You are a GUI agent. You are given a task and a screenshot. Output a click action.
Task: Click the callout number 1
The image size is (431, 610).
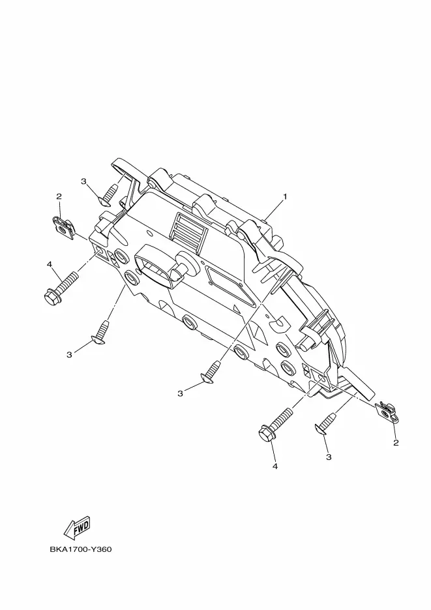coord(285,196)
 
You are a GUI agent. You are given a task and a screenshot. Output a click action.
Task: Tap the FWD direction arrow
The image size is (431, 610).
coord(77,527)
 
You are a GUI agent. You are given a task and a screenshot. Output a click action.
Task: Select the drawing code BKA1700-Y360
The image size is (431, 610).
coord(81,549)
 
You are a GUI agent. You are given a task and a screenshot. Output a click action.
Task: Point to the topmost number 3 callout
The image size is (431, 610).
coord(83,181)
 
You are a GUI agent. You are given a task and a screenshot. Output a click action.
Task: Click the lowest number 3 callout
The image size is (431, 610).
coord(329,457)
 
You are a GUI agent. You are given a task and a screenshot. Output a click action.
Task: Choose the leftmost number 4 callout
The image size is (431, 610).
coord(50,264)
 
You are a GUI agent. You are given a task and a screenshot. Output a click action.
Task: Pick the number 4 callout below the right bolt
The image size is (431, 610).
coord(275,466)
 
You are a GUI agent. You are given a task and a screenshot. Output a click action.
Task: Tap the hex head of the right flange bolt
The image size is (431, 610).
coord(266,435)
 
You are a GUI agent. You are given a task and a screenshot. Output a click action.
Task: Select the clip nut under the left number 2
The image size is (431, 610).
coord(63,228)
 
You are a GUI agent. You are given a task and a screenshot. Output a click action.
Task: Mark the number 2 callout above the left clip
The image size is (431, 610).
coord(59,196)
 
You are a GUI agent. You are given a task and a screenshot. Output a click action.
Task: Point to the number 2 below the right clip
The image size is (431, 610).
coord(396,443)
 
